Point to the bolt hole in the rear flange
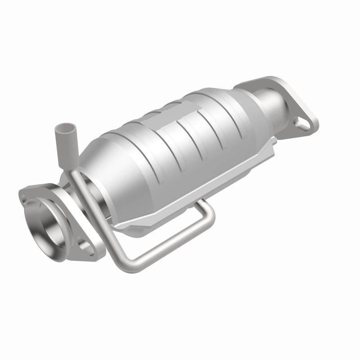[x=302, y=122]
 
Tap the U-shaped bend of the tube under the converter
[x=208, y=212]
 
